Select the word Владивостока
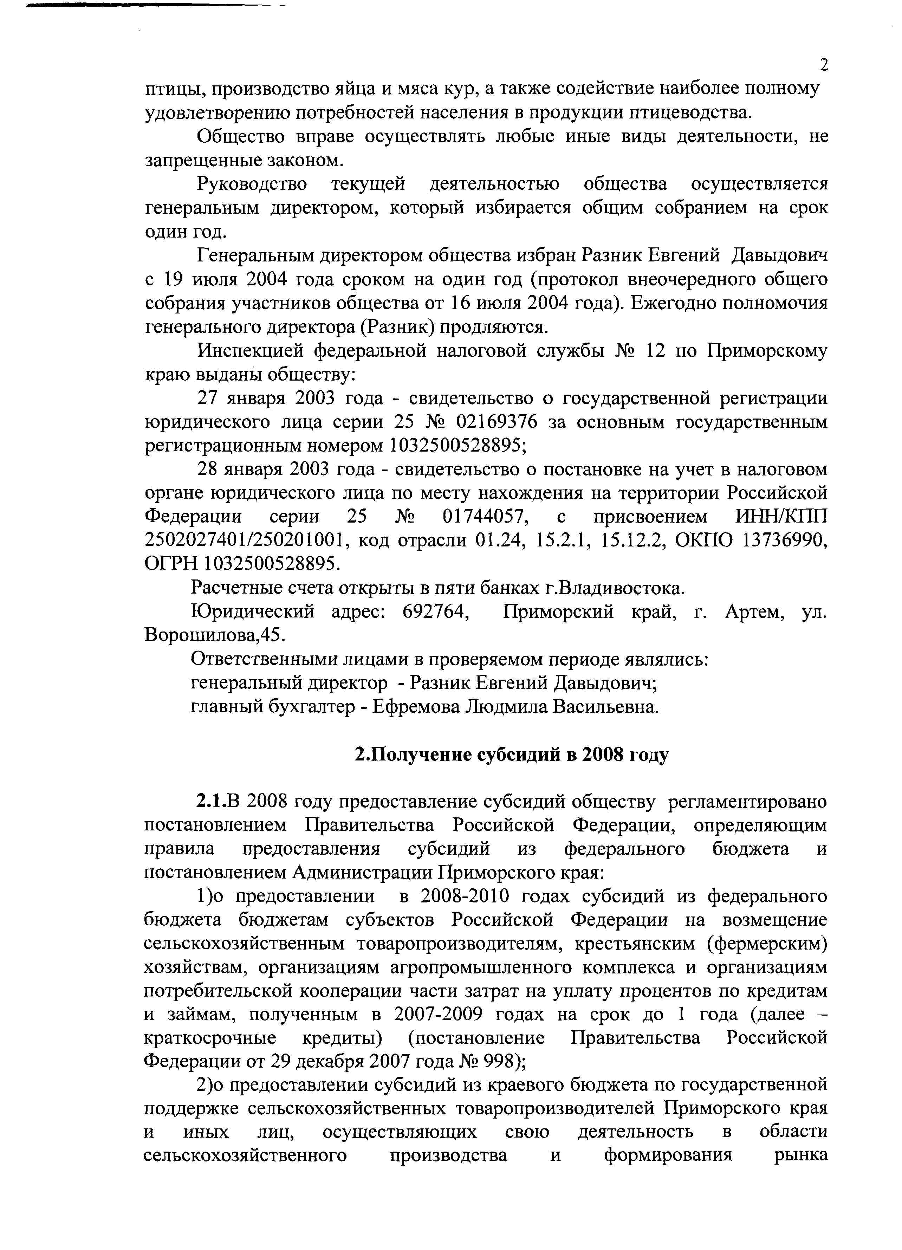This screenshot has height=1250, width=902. (620, 588)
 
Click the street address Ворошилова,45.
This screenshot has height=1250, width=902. (213, 635)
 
